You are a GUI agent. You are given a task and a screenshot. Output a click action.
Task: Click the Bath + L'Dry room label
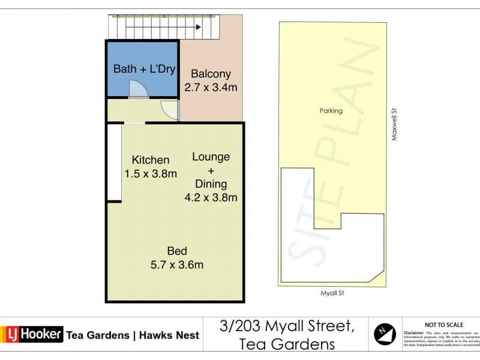coord(144,69)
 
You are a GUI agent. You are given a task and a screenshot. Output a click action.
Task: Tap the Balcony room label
coord(211,74)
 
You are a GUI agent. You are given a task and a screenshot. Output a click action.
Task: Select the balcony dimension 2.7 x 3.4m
coord(211,88)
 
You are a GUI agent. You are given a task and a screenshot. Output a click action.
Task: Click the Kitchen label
coord(151,160)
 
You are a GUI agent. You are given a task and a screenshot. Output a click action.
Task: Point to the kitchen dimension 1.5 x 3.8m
coord(151,174)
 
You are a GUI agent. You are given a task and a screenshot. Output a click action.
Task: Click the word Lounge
coord(211,157)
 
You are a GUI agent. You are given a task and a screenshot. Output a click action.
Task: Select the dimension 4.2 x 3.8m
coord(211,197)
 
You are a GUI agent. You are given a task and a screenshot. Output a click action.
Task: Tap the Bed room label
coord(177,251)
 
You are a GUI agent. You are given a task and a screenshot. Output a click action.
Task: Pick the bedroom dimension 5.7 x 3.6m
coord(177,265)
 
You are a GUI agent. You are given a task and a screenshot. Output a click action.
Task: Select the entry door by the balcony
coord(171,110)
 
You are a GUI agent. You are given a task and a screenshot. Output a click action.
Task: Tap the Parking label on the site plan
coord(331,110)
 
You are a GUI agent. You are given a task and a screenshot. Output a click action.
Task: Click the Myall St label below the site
coord(331,293)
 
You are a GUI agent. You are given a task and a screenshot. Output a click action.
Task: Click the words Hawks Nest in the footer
coord(169,335)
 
